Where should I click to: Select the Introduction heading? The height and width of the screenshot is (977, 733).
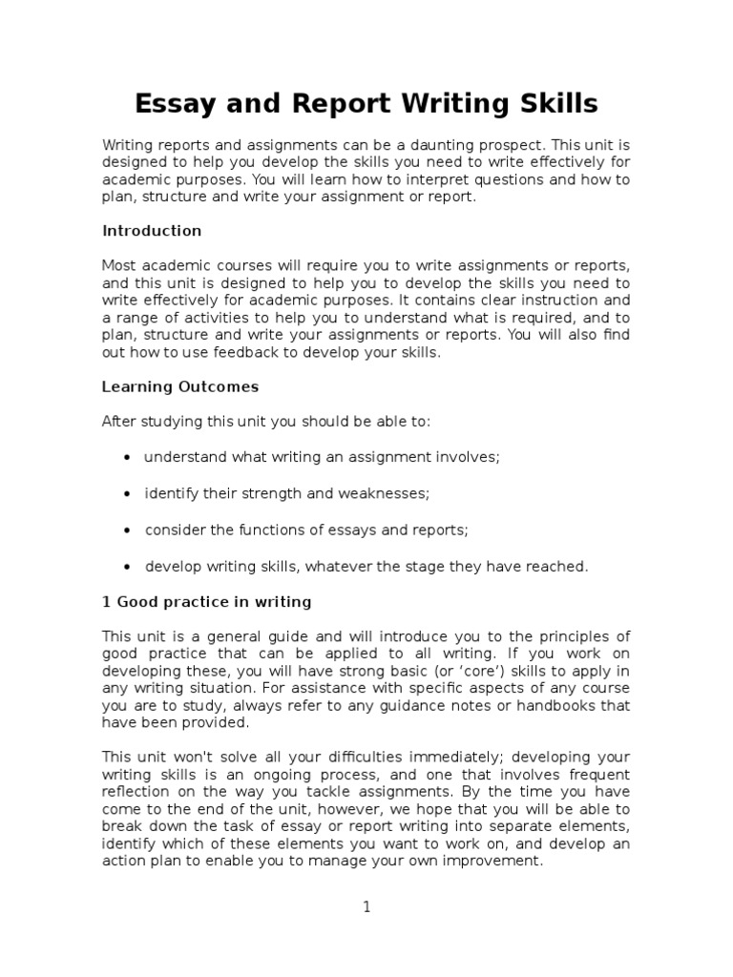152,231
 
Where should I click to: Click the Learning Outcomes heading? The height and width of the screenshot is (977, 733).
180,387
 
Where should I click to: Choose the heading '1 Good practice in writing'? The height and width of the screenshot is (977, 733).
206,602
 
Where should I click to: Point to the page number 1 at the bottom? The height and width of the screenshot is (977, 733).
366,907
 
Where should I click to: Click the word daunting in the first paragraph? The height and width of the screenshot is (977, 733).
444,145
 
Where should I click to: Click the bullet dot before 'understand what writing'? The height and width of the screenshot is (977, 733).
128,458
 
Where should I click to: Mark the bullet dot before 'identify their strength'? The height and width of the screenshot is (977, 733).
128,494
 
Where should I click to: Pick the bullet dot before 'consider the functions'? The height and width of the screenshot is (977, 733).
128,530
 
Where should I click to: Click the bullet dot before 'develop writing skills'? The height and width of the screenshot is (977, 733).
128,567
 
